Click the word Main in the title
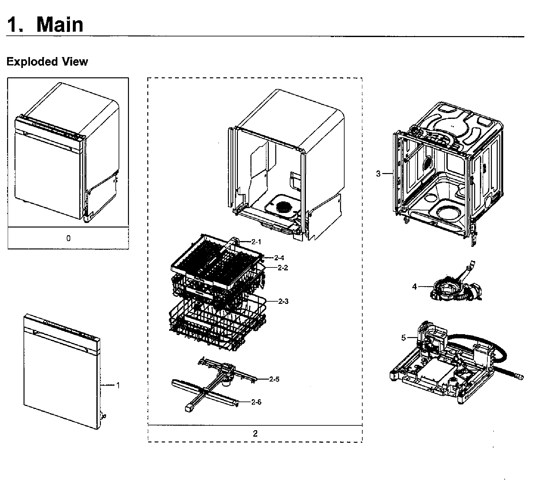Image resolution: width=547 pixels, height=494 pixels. (60, 24)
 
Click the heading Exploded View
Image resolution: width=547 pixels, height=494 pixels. (47, 62)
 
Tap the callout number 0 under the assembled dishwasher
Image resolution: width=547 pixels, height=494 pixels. (68, 238)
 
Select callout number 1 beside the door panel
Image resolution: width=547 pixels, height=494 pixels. (118, 385)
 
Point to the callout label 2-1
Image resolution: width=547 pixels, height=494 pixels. (256, 242)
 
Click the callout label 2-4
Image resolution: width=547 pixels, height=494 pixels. (279, 257)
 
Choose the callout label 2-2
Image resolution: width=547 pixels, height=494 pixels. (283, 268)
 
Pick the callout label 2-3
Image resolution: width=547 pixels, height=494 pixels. (283, 301)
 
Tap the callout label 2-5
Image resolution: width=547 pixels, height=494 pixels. (274, 379)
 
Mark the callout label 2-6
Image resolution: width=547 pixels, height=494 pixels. (256, 402)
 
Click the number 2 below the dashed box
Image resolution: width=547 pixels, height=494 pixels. (255, 434)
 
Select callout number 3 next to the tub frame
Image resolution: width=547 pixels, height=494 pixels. (378, 174)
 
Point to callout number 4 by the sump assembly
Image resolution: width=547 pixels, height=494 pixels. (415, 286)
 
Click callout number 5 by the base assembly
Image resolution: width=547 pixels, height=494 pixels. (404, 338)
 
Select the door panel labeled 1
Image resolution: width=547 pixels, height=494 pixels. (62, 372)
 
